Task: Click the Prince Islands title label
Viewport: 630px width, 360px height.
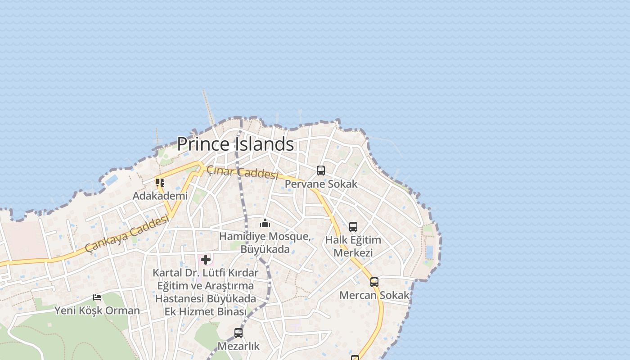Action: point(235,144)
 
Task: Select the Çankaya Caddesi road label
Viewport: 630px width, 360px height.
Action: point(127,234)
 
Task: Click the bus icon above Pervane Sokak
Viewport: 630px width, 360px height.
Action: point(320,171)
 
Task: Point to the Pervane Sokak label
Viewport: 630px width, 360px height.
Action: point(321,184)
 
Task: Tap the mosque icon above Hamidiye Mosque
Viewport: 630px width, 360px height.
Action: point(265,223)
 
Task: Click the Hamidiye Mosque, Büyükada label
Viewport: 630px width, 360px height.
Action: point(265,243)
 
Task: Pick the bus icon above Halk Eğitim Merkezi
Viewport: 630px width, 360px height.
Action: point(353,227)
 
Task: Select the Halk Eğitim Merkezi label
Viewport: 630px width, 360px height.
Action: point(353,246)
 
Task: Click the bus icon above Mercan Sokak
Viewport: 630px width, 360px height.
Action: point(374,282)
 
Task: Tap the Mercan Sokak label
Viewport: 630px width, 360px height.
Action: point(374,295)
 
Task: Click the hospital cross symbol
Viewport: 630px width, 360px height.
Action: point(206,260)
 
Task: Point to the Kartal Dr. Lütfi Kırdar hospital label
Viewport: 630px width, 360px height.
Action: point(206,292)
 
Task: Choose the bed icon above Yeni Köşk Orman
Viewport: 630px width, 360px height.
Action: point(97,297)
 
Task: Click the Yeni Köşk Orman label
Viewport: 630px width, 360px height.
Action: point(97,310)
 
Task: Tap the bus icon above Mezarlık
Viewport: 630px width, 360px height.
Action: point(238,333)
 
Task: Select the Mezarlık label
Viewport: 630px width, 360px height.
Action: point(238,346)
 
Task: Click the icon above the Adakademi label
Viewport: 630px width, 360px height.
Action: point(160,183)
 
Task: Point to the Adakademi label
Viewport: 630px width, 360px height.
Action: point(160,196)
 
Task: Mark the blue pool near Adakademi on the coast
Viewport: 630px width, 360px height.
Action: point(111,180)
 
